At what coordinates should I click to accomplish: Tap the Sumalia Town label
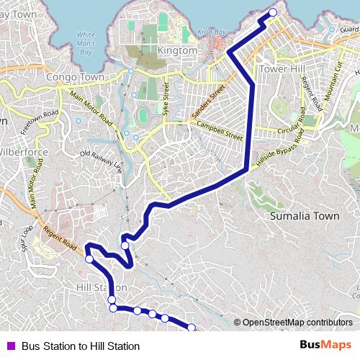pyautogui.click(x=303, y=215)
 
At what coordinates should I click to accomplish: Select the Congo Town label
pyautogui.click(x=75, y=77)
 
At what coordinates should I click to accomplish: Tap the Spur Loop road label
pyautogui.click(x=27, y=238)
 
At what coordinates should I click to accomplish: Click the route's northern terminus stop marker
pyautogui.click(x=273, y=12)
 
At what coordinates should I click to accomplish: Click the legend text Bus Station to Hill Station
pyautogui.click(x=80, y=346)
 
